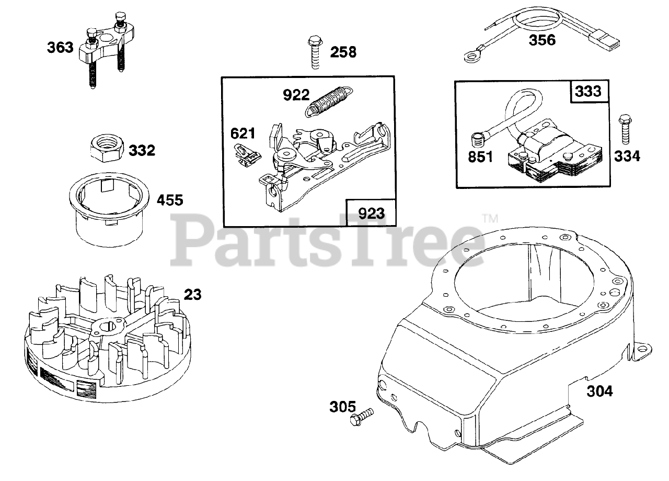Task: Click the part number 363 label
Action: tap(60, 48)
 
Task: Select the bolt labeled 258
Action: tap(314, 52)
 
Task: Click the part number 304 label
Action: tap(599, 390)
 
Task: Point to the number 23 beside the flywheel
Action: tap(193, 295)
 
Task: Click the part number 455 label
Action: tap(171, 200)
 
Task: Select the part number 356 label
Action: tap(542, 40)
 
